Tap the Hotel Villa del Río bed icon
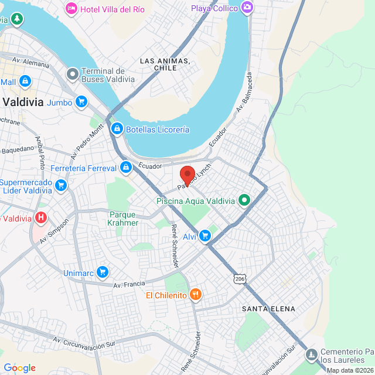[x=71, y=8]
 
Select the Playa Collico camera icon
[x=247, y=8]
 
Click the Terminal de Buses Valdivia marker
[x=73, y=74]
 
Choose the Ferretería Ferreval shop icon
[x=125, y=168]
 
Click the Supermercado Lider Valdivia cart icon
[x=60, y=186]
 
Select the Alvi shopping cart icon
[x=204, y=236]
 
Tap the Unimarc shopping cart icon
[x=103, y=272]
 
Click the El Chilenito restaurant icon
[x=196, y=295]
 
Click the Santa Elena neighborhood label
[x=268, y=308]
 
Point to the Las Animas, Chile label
[x=165, y=64]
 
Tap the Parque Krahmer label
[x=124, y=219]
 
